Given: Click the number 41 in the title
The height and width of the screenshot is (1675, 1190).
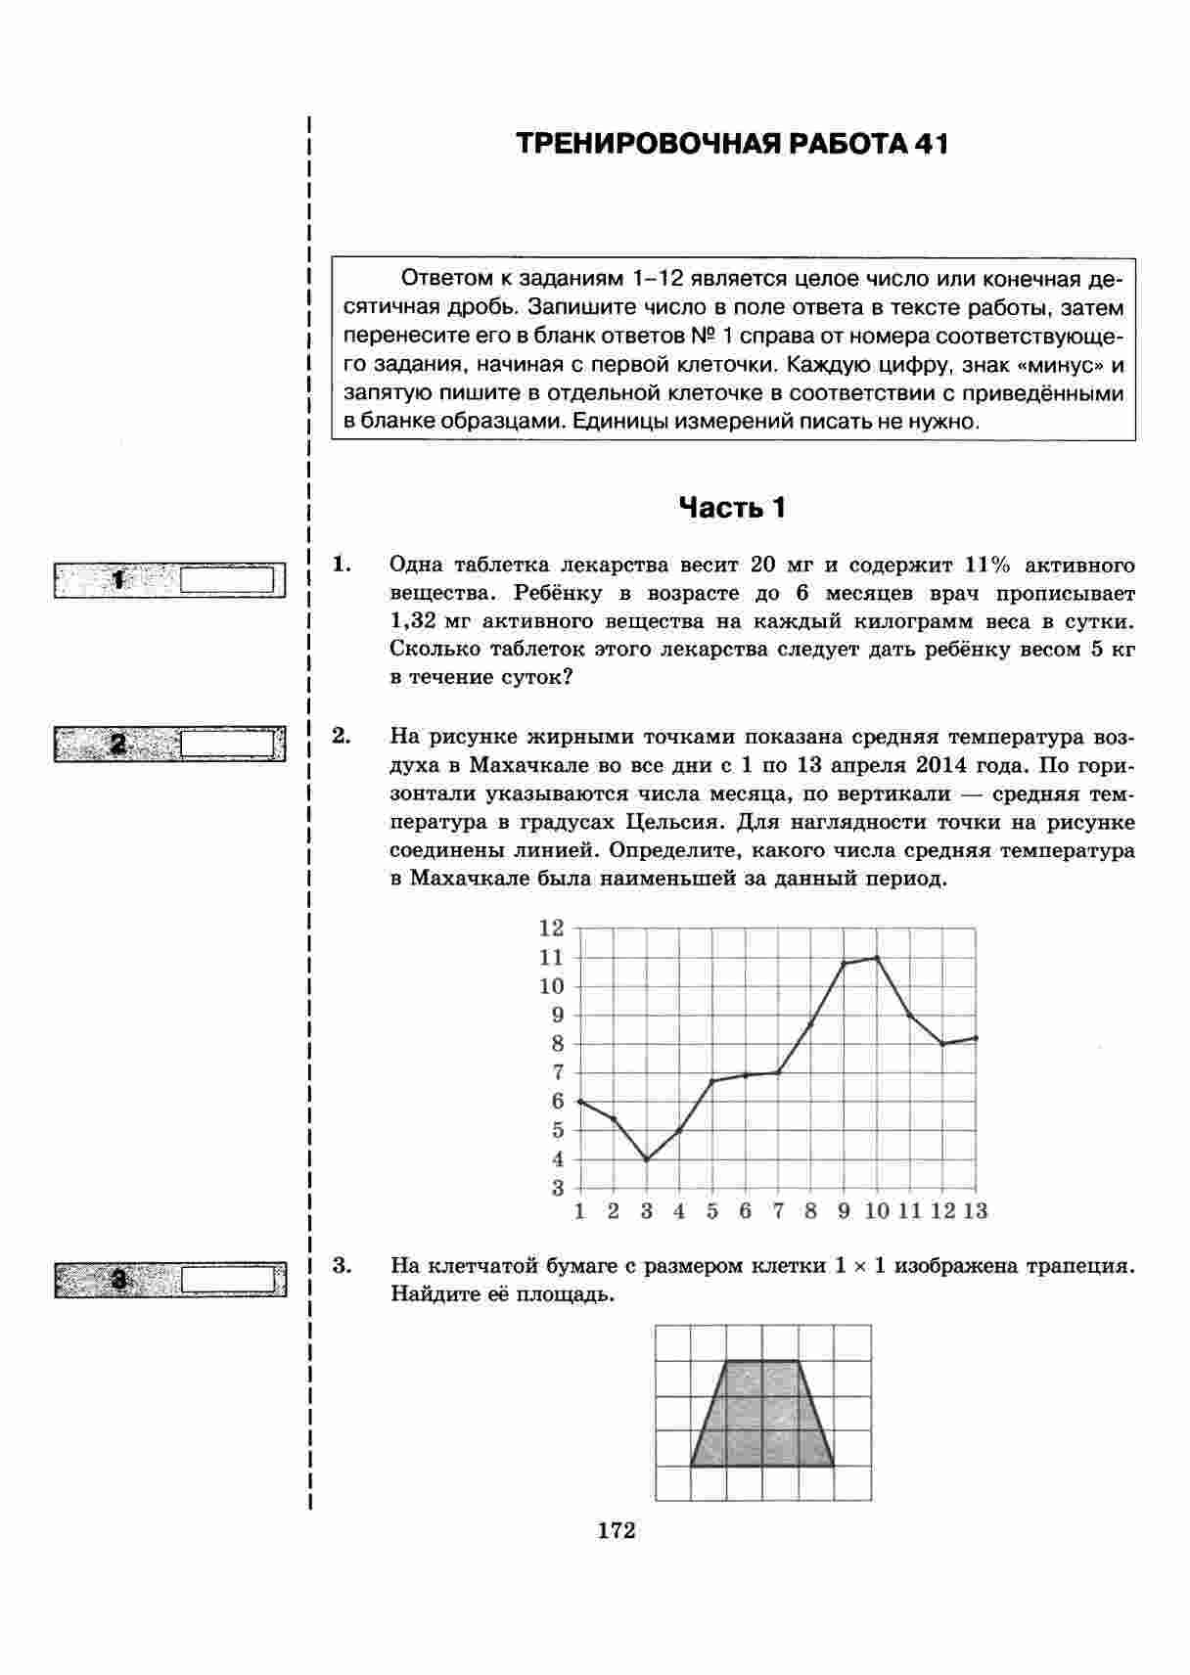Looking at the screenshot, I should coord(931,144).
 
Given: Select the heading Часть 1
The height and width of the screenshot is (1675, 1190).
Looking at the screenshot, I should coord(732,508).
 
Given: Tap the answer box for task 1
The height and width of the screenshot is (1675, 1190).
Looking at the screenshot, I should coord(227,579).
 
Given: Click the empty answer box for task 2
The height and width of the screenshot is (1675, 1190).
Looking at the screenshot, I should coord(227,745).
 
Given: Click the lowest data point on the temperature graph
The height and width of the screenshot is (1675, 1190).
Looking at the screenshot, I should coord(646,1159).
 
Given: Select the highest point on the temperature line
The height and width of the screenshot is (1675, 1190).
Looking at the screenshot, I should coord(877,958).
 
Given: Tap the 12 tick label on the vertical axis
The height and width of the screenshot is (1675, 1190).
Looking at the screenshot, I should coord(552,928).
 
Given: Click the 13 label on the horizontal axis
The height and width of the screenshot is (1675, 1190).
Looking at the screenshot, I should coord(975,1212).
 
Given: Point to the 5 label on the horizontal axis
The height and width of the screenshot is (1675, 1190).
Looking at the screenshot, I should coord(712,1212).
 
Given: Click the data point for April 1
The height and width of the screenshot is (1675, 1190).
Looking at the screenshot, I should coord(580,1102).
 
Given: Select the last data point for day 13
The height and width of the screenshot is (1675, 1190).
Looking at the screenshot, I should coord(976,1038).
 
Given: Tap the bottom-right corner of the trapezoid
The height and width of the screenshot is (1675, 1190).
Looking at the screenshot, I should coord(834,1466).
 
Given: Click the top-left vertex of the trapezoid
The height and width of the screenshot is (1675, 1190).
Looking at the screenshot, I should coord(726,1360).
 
